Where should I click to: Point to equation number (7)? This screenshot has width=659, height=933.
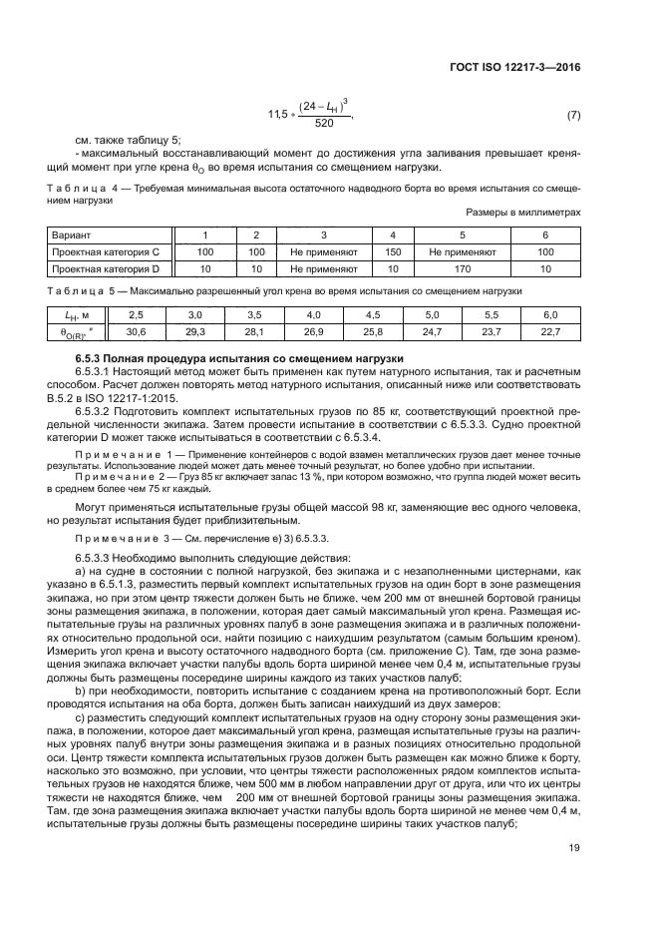[573, 116]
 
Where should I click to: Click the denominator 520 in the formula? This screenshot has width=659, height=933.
[324, 124]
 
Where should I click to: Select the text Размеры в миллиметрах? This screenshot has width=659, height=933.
[522, 213]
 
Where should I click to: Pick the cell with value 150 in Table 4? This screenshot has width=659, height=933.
[393, 252]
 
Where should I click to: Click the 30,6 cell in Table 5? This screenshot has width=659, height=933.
[137, 331]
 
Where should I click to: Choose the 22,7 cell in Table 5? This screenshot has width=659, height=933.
[550, 331]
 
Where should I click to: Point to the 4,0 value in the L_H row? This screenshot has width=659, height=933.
[314, 314]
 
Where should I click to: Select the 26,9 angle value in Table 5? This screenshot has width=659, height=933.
[314, 331]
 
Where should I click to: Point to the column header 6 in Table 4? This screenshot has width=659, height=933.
[544, 235]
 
